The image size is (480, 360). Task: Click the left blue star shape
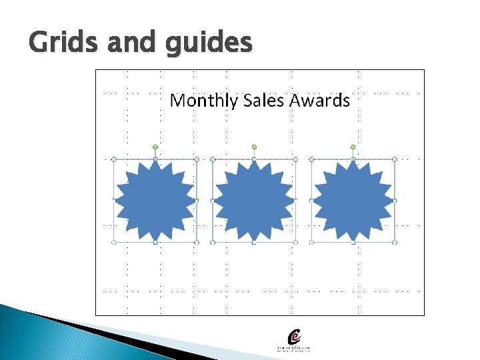point(155,201)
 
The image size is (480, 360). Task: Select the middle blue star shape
point(254,201)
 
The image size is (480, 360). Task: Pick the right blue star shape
point(353,201)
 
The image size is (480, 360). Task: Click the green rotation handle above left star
point(155,147)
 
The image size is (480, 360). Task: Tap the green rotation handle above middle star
point(254,147)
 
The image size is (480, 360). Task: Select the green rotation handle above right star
point(353,147)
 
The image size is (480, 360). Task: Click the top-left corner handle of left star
point(114,159)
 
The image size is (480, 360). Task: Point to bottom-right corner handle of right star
point(395,242)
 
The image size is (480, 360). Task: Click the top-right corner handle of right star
point(395,159)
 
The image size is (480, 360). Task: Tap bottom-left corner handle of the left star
point(114,242)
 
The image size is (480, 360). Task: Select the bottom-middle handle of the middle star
point(254,242)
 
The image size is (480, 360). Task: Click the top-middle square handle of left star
point(155,159)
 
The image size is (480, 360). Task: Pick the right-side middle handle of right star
point(395,201)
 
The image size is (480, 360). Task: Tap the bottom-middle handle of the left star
point(155,242)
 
